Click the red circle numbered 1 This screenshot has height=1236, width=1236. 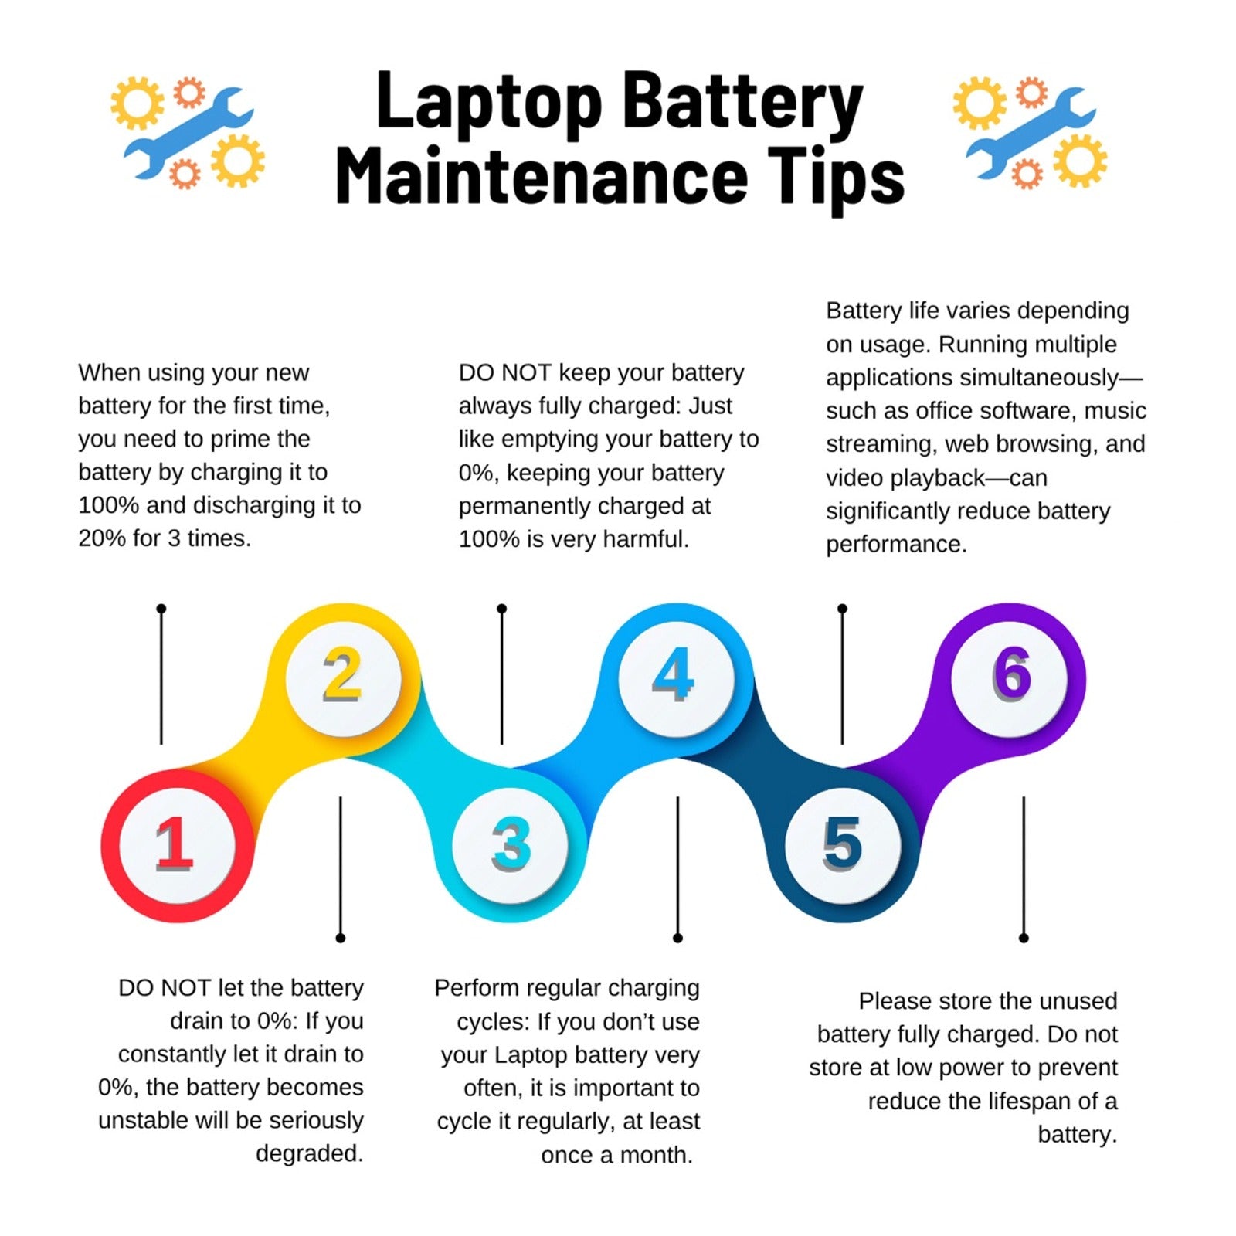[x=177, y=845]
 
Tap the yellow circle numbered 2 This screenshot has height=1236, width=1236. [x=343, y=678]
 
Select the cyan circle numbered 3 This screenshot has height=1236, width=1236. [x=510, y=845]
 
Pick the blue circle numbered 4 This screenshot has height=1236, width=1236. [x=676, y=678]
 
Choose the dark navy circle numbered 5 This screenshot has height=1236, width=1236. [x=843, y=845]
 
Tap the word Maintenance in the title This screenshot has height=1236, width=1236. [x=542, y=176]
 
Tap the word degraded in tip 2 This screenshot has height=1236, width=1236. [x=309, y=1154]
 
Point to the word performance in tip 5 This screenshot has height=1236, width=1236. [x=896, y=545]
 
